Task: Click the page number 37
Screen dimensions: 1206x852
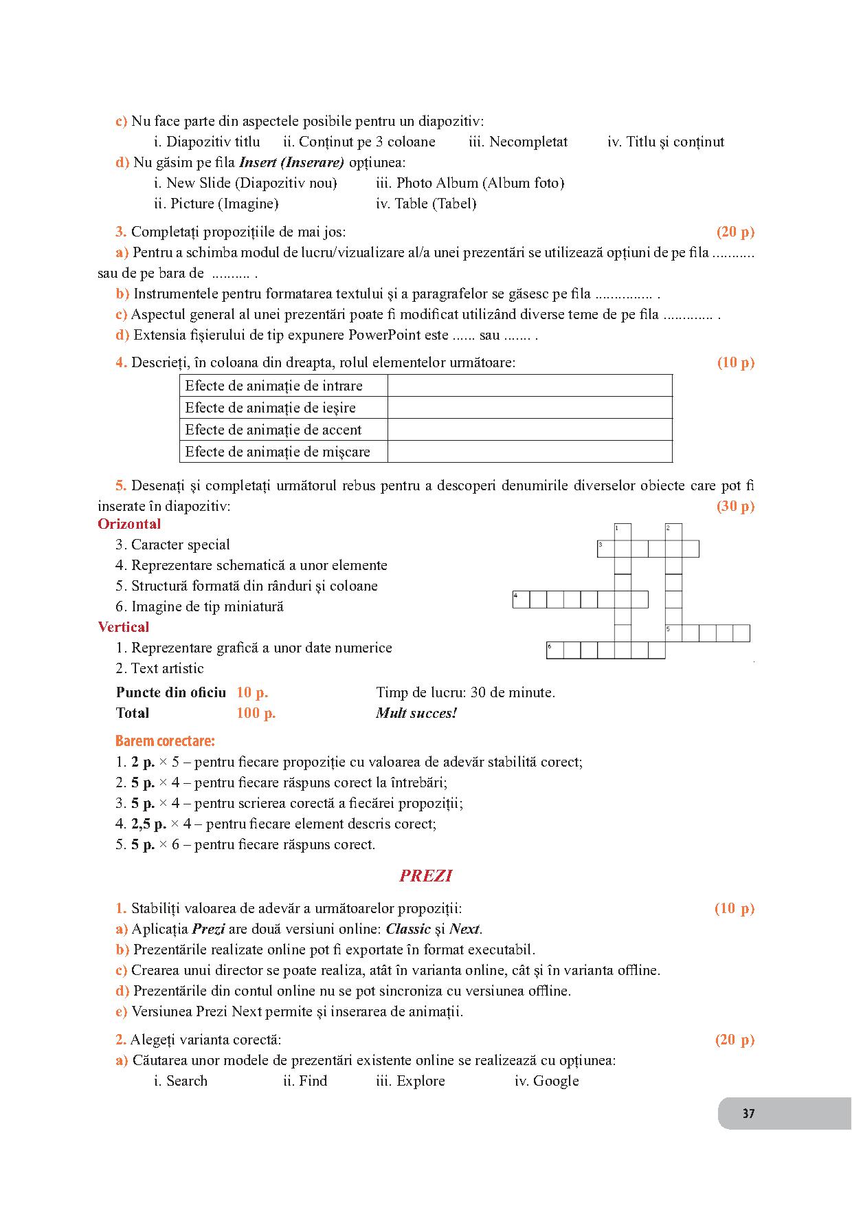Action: click(748, 1113)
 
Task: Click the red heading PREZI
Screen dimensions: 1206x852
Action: click(425, 875)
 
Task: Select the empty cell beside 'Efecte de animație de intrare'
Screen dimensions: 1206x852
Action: click(529, 386)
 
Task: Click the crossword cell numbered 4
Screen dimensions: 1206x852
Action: click(521, 600)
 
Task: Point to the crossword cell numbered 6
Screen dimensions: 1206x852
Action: click(554, 650)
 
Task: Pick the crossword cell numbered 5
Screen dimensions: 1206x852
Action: click(673, 633)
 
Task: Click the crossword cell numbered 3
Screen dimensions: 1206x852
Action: click(605, 549)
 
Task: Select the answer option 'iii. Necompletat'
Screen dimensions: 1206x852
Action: click(518, 142)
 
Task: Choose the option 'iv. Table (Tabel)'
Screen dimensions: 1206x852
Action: click(426, 204)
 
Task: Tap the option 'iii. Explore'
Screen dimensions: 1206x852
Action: click(410, 1081)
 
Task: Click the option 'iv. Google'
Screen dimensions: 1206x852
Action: click(546, 1081)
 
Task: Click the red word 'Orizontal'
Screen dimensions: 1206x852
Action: click(129, 524)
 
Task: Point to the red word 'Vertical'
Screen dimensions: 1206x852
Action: click(124, 627)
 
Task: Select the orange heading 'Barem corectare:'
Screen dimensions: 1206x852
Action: click(165, 741)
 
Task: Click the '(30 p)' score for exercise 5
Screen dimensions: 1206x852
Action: click(735, 506)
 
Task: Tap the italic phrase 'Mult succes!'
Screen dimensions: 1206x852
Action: click(416, 713)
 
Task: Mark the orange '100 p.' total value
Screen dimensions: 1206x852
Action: click(256, 713)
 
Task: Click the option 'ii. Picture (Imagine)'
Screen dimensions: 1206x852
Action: click(216, 204)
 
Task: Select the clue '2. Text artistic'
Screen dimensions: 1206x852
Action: click(159, 668)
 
